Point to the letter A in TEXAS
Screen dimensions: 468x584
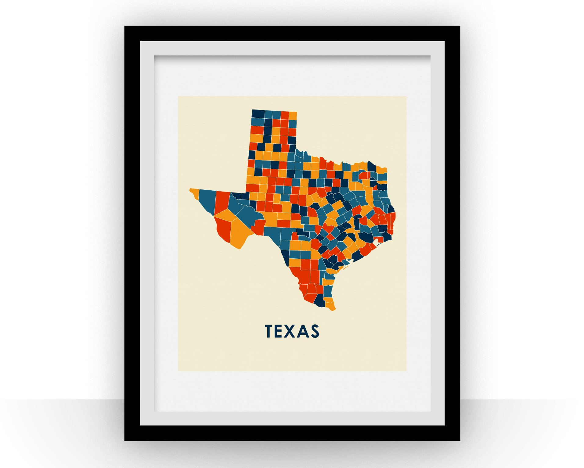pos(303,331)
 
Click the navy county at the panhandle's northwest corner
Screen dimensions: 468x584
pos(258,113)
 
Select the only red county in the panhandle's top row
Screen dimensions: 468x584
pos(285,115)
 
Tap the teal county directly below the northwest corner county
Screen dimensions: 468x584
pos(257,122)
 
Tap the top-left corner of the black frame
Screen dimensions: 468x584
pos(125,27)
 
